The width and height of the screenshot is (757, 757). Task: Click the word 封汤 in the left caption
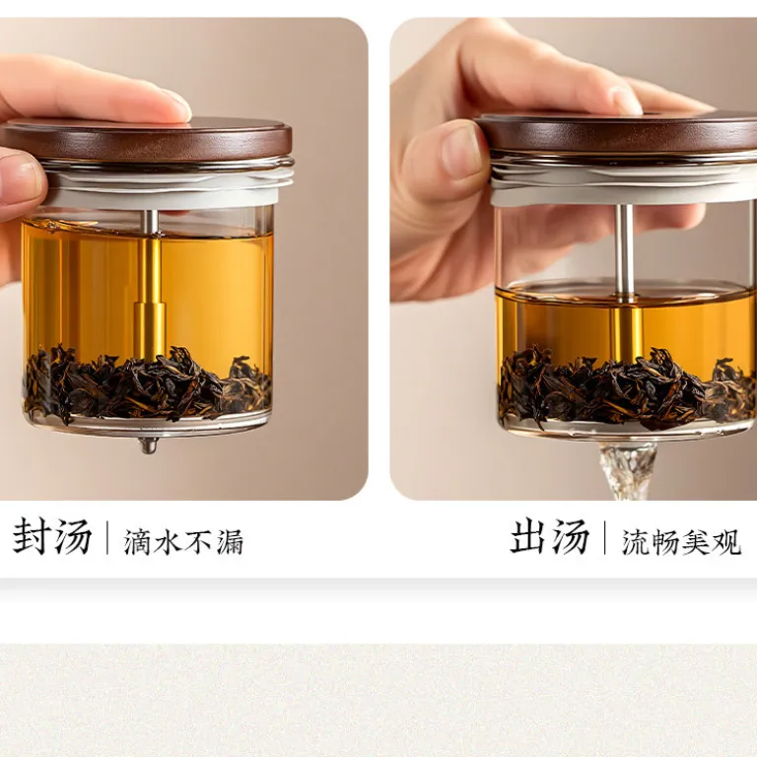(x=52, y=536)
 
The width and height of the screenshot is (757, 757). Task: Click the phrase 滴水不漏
(x=184, y=542)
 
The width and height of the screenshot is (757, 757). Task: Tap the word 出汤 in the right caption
(x=550, y=536)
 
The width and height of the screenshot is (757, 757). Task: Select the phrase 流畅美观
(x=681, y=542)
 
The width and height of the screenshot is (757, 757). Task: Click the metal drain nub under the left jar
(x=148, y=446)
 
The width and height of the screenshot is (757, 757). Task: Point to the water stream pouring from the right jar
(x=627, y=472)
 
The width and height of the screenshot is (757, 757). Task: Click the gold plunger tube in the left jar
(x=150, y=300)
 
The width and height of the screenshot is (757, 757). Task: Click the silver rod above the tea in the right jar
(x=625, y=250)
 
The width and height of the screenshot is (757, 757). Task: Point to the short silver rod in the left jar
(x=151, y=223)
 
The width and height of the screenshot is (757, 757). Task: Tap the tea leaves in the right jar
(x=628, y=385)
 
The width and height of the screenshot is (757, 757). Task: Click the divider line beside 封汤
(x=107, y=537)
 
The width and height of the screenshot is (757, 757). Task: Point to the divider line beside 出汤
(x=605, y=537)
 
